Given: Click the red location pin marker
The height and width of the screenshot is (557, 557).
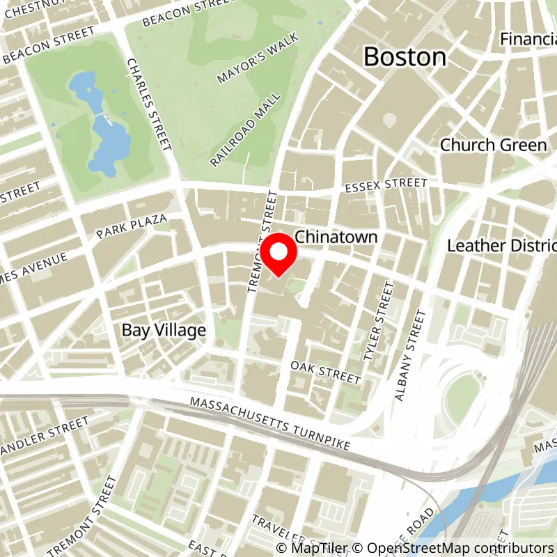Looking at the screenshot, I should tap(279, 255).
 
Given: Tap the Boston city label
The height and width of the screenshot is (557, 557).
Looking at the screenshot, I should tap(405, 57).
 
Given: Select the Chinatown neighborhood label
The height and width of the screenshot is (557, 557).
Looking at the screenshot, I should tap(336, 237).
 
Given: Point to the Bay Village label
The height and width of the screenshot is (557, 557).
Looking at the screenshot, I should tap(164, 330).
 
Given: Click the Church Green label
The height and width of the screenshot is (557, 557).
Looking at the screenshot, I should tap(493, 145).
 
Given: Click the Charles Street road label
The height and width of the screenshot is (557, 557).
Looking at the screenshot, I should tap(148, 104).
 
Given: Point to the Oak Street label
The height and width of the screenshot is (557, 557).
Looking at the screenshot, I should tap(325, 372).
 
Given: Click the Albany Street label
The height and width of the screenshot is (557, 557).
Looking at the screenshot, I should tap(409, 356).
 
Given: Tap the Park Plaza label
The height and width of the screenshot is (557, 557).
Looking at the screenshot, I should tap(132, 226).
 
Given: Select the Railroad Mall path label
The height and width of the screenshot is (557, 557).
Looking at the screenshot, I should tap(246, 129).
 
